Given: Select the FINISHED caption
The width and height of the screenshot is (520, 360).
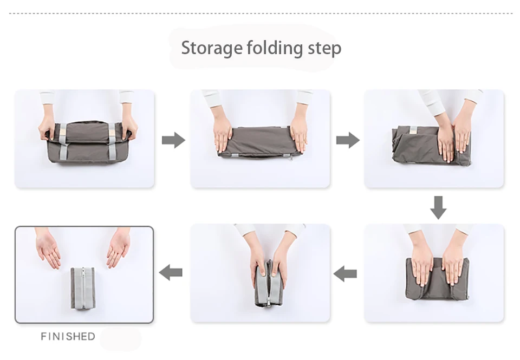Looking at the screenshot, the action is [x=68, y=337].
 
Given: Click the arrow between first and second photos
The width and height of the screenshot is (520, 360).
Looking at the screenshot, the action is [x=173, y=140].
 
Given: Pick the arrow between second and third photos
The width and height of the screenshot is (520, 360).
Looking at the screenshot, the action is [x=348, y=140].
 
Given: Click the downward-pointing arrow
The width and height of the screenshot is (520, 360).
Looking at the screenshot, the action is [x=438, y=207].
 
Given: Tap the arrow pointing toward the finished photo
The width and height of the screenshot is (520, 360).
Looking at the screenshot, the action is [x=171, y=272].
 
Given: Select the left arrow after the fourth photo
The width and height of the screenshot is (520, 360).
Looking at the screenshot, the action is [x=345, y=274].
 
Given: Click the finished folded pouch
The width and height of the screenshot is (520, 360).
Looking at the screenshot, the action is [x=83, y=288].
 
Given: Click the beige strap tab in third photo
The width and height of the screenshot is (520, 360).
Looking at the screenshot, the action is [x=413, y=130].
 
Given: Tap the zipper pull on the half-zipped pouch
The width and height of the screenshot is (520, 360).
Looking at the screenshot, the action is [x=268, y=303].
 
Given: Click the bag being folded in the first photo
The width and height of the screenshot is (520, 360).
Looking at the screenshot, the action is [x=88, y=142].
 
